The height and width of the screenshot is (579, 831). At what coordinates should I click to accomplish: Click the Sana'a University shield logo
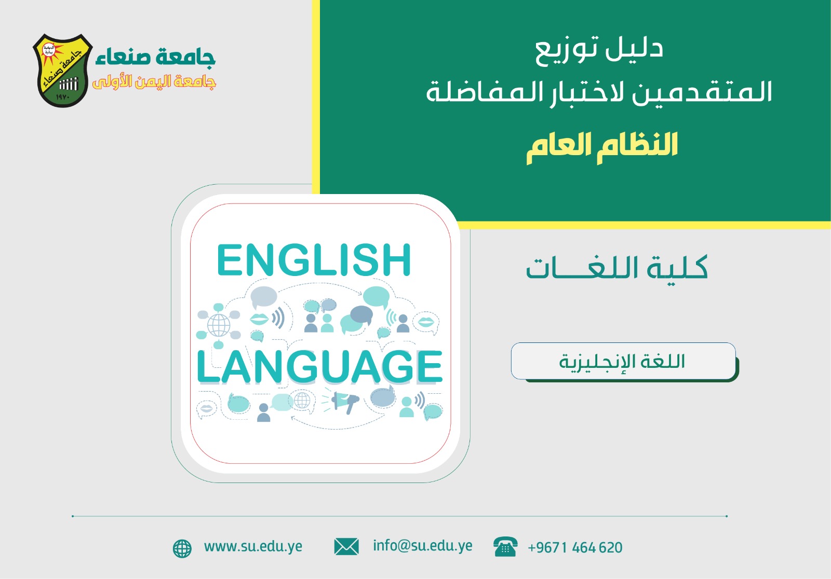62,71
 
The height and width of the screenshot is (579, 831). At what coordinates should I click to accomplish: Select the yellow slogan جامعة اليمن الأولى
154,82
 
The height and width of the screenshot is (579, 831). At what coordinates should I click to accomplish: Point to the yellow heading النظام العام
602,147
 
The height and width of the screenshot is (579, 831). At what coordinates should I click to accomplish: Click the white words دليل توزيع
599,51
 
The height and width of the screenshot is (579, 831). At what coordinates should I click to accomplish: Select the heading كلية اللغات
616,267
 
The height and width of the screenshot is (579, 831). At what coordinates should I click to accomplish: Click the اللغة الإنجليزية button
624,361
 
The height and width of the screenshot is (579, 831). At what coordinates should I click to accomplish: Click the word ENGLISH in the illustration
314,260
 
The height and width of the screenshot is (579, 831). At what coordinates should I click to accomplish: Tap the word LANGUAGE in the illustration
319,367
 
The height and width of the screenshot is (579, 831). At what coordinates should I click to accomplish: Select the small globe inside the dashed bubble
302,400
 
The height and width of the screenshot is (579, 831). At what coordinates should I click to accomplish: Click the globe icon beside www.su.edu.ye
182,548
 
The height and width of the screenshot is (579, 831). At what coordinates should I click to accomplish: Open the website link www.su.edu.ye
253,547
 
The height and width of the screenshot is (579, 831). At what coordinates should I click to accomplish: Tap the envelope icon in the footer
346,547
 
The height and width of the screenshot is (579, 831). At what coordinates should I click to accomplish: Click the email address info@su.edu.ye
423,546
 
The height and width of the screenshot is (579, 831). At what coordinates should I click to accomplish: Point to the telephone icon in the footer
505,546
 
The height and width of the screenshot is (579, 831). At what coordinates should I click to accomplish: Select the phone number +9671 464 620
575,547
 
